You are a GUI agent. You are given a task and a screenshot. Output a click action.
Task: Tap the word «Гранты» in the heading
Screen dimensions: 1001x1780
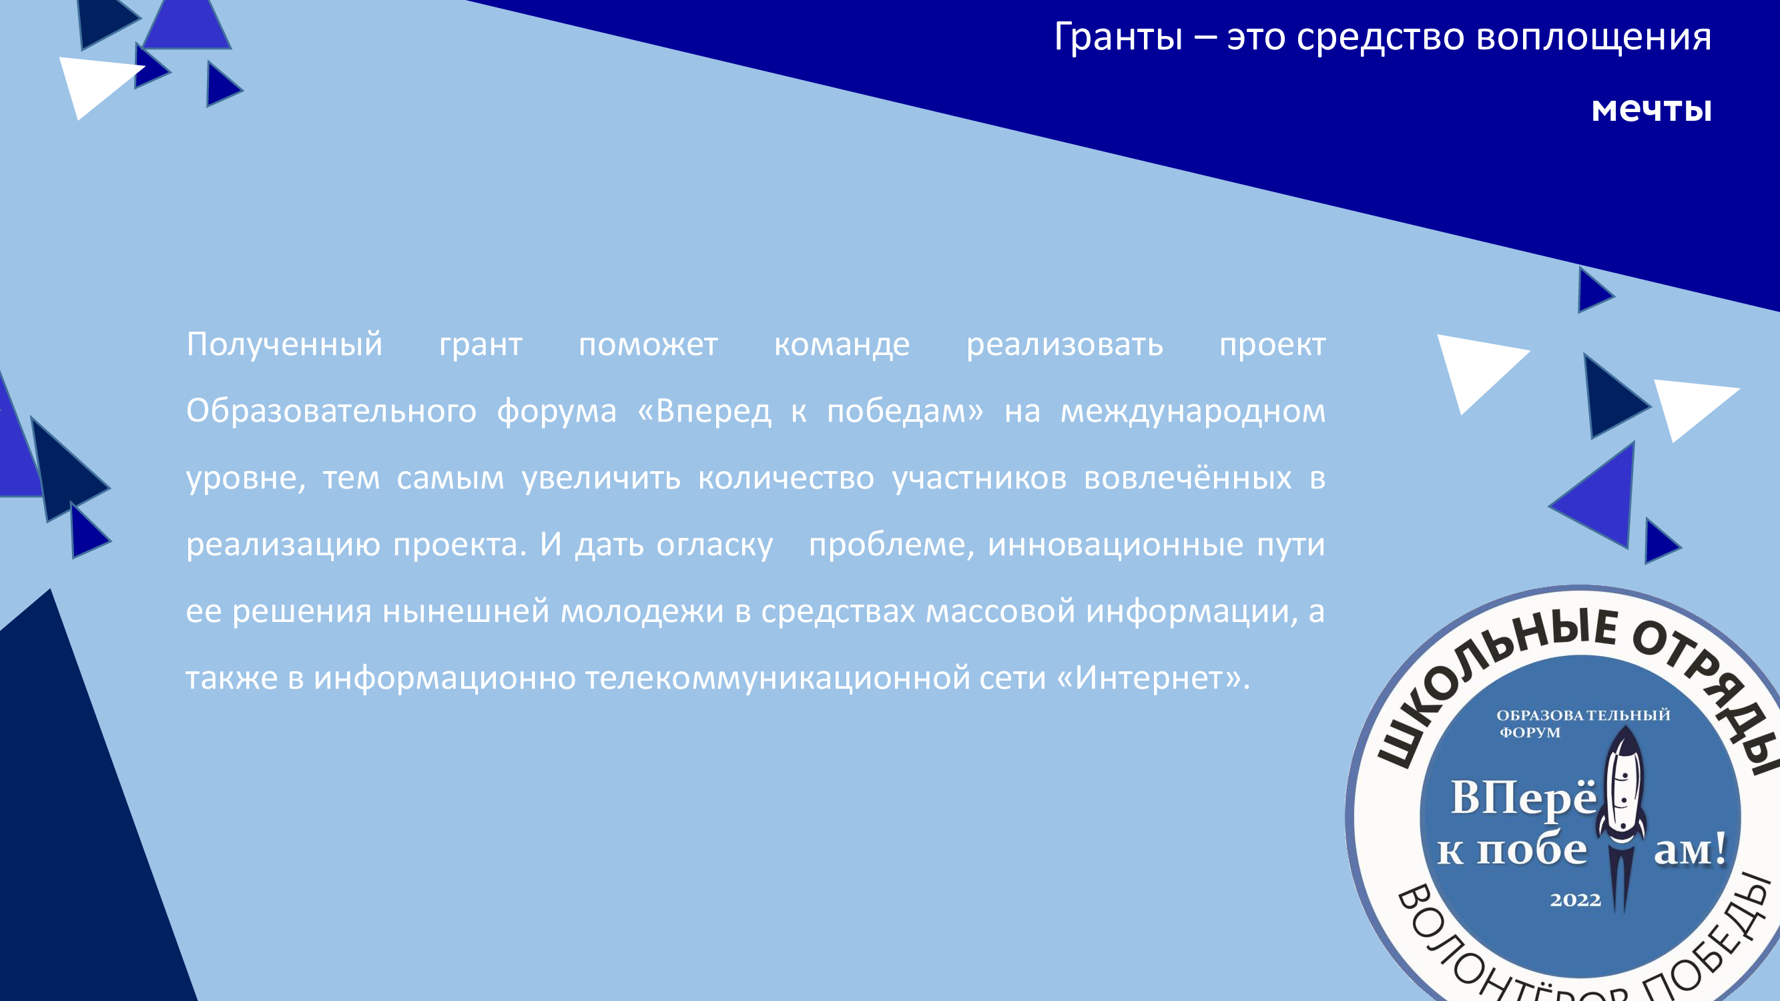(x=1118, y=37)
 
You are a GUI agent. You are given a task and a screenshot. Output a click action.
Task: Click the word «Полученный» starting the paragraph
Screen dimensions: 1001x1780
(x=284, y=345)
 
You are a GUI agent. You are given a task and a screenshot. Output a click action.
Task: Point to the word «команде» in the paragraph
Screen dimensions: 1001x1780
(x=842, y=345)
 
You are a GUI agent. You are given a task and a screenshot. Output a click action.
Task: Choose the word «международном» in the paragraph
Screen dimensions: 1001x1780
(x=1193, y=412)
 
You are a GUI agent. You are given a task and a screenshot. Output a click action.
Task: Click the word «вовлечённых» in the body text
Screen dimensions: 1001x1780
(x=1187, y=478)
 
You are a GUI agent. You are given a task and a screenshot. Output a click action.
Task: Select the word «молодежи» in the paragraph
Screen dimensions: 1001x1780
(x=641, y=611)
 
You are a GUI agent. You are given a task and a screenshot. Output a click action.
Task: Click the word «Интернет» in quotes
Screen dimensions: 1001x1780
(x=1151, y=679)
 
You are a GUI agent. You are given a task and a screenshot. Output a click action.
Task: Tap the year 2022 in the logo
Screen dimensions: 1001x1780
(x=1575, y=900)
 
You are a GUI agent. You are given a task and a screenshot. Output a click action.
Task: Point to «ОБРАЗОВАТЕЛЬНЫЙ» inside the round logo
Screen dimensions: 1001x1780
(x=1583, y=715)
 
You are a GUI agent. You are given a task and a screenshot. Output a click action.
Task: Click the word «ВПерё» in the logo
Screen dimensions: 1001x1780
(x=1523, y=798)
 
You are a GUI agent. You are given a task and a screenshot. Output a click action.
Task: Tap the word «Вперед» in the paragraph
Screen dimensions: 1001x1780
(x=713, y=412)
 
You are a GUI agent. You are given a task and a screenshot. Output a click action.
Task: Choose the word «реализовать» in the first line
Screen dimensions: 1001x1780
(x=1064, y=345)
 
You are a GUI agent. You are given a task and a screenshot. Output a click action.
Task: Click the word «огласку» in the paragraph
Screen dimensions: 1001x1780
(x=715, y=545)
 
